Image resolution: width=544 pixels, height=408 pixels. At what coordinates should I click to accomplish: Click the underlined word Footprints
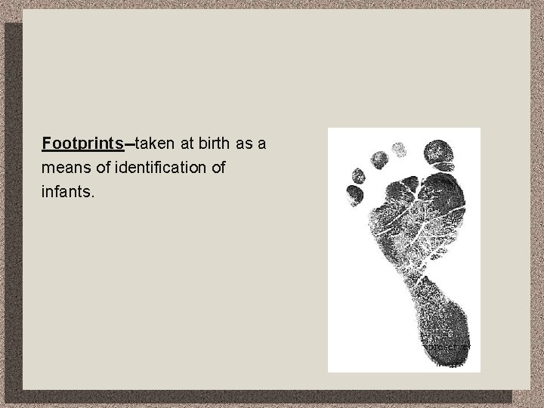click(83, 143)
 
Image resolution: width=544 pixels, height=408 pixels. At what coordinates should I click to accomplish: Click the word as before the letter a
click(246, 143)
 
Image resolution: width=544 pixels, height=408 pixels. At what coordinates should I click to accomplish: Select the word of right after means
click(100, 167)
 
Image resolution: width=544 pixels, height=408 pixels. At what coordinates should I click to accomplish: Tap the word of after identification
click(218, 167)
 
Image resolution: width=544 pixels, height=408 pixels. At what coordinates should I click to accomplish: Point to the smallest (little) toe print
click(354, 194)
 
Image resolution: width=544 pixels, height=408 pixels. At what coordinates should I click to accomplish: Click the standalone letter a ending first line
click(261, 143)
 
